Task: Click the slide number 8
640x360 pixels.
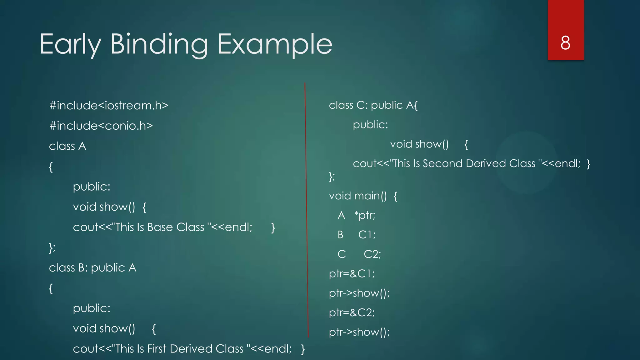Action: [x=565, y=43]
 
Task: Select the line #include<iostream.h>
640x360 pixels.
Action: [x=109, y=106]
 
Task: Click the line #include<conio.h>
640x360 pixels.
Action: [x=101, y=126]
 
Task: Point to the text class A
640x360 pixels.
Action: [x=67, y=146]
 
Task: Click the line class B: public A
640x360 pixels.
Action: [x=92, y=268]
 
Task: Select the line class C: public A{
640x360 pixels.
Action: [x=373, y=105]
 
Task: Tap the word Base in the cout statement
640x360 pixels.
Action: [x=160, y=227]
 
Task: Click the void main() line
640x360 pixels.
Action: [x=363, y=196]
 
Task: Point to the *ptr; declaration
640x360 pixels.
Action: [x=365, y=215]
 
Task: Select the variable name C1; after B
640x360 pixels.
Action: [x=367, y=235]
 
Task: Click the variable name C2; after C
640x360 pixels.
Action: [x=372, y=254]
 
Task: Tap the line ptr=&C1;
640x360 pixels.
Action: [x=352, y=274]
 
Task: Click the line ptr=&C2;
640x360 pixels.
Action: [x=352, y=312]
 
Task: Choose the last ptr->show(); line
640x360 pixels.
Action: [x=359, y=332]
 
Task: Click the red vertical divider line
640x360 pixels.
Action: [x=307, y=209]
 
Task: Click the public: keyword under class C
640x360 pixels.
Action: [x=370, y=125]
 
